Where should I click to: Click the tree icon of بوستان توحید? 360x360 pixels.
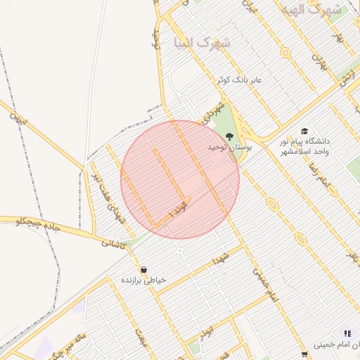(229, 136)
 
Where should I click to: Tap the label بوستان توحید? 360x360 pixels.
(229, 148)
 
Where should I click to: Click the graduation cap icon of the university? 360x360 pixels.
(304, 131)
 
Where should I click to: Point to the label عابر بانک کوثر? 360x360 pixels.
(239, 79)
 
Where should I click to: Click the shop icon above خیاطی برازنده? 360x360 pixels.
(143, 269)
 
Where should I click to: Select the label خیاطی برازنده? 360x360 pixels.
(143, 280)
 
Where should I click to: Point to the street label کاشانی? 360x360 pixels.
(114, 243)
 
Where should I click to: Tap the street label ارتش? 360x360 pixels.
(346, 79)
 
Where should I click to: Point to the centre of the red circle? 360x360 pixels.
(180, 179)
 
